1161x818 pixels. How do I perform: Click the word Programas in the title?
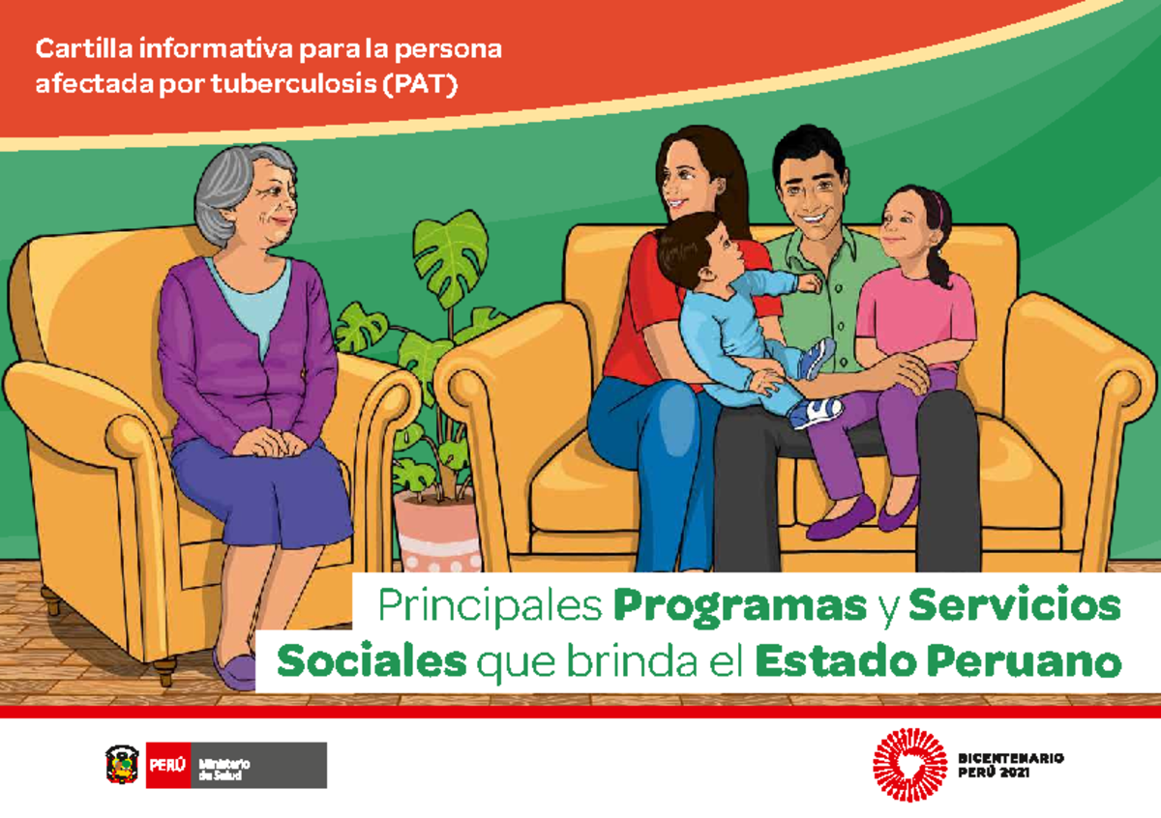(x=740, y=606)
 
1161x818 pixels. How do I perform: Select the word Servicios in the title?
(x=1015, y=606)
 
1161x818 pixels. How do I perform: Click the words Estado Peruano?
(x=938, y=663)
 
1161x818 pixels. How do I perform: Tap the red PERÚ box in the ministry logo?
(x=168, y=765)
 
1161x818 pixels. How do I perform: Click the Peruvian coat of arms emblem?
(x=122, y=765)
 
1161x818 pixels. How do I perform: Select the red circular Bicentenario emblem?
(x=909, y=764)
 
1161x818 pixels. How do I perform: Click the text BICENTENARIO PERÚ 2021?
(x=1011, y=764)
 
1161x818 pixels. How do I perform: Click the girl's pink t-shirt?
(x=914, y=309)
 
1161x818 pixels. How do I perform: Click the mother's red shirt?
(x=643, y=309)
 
